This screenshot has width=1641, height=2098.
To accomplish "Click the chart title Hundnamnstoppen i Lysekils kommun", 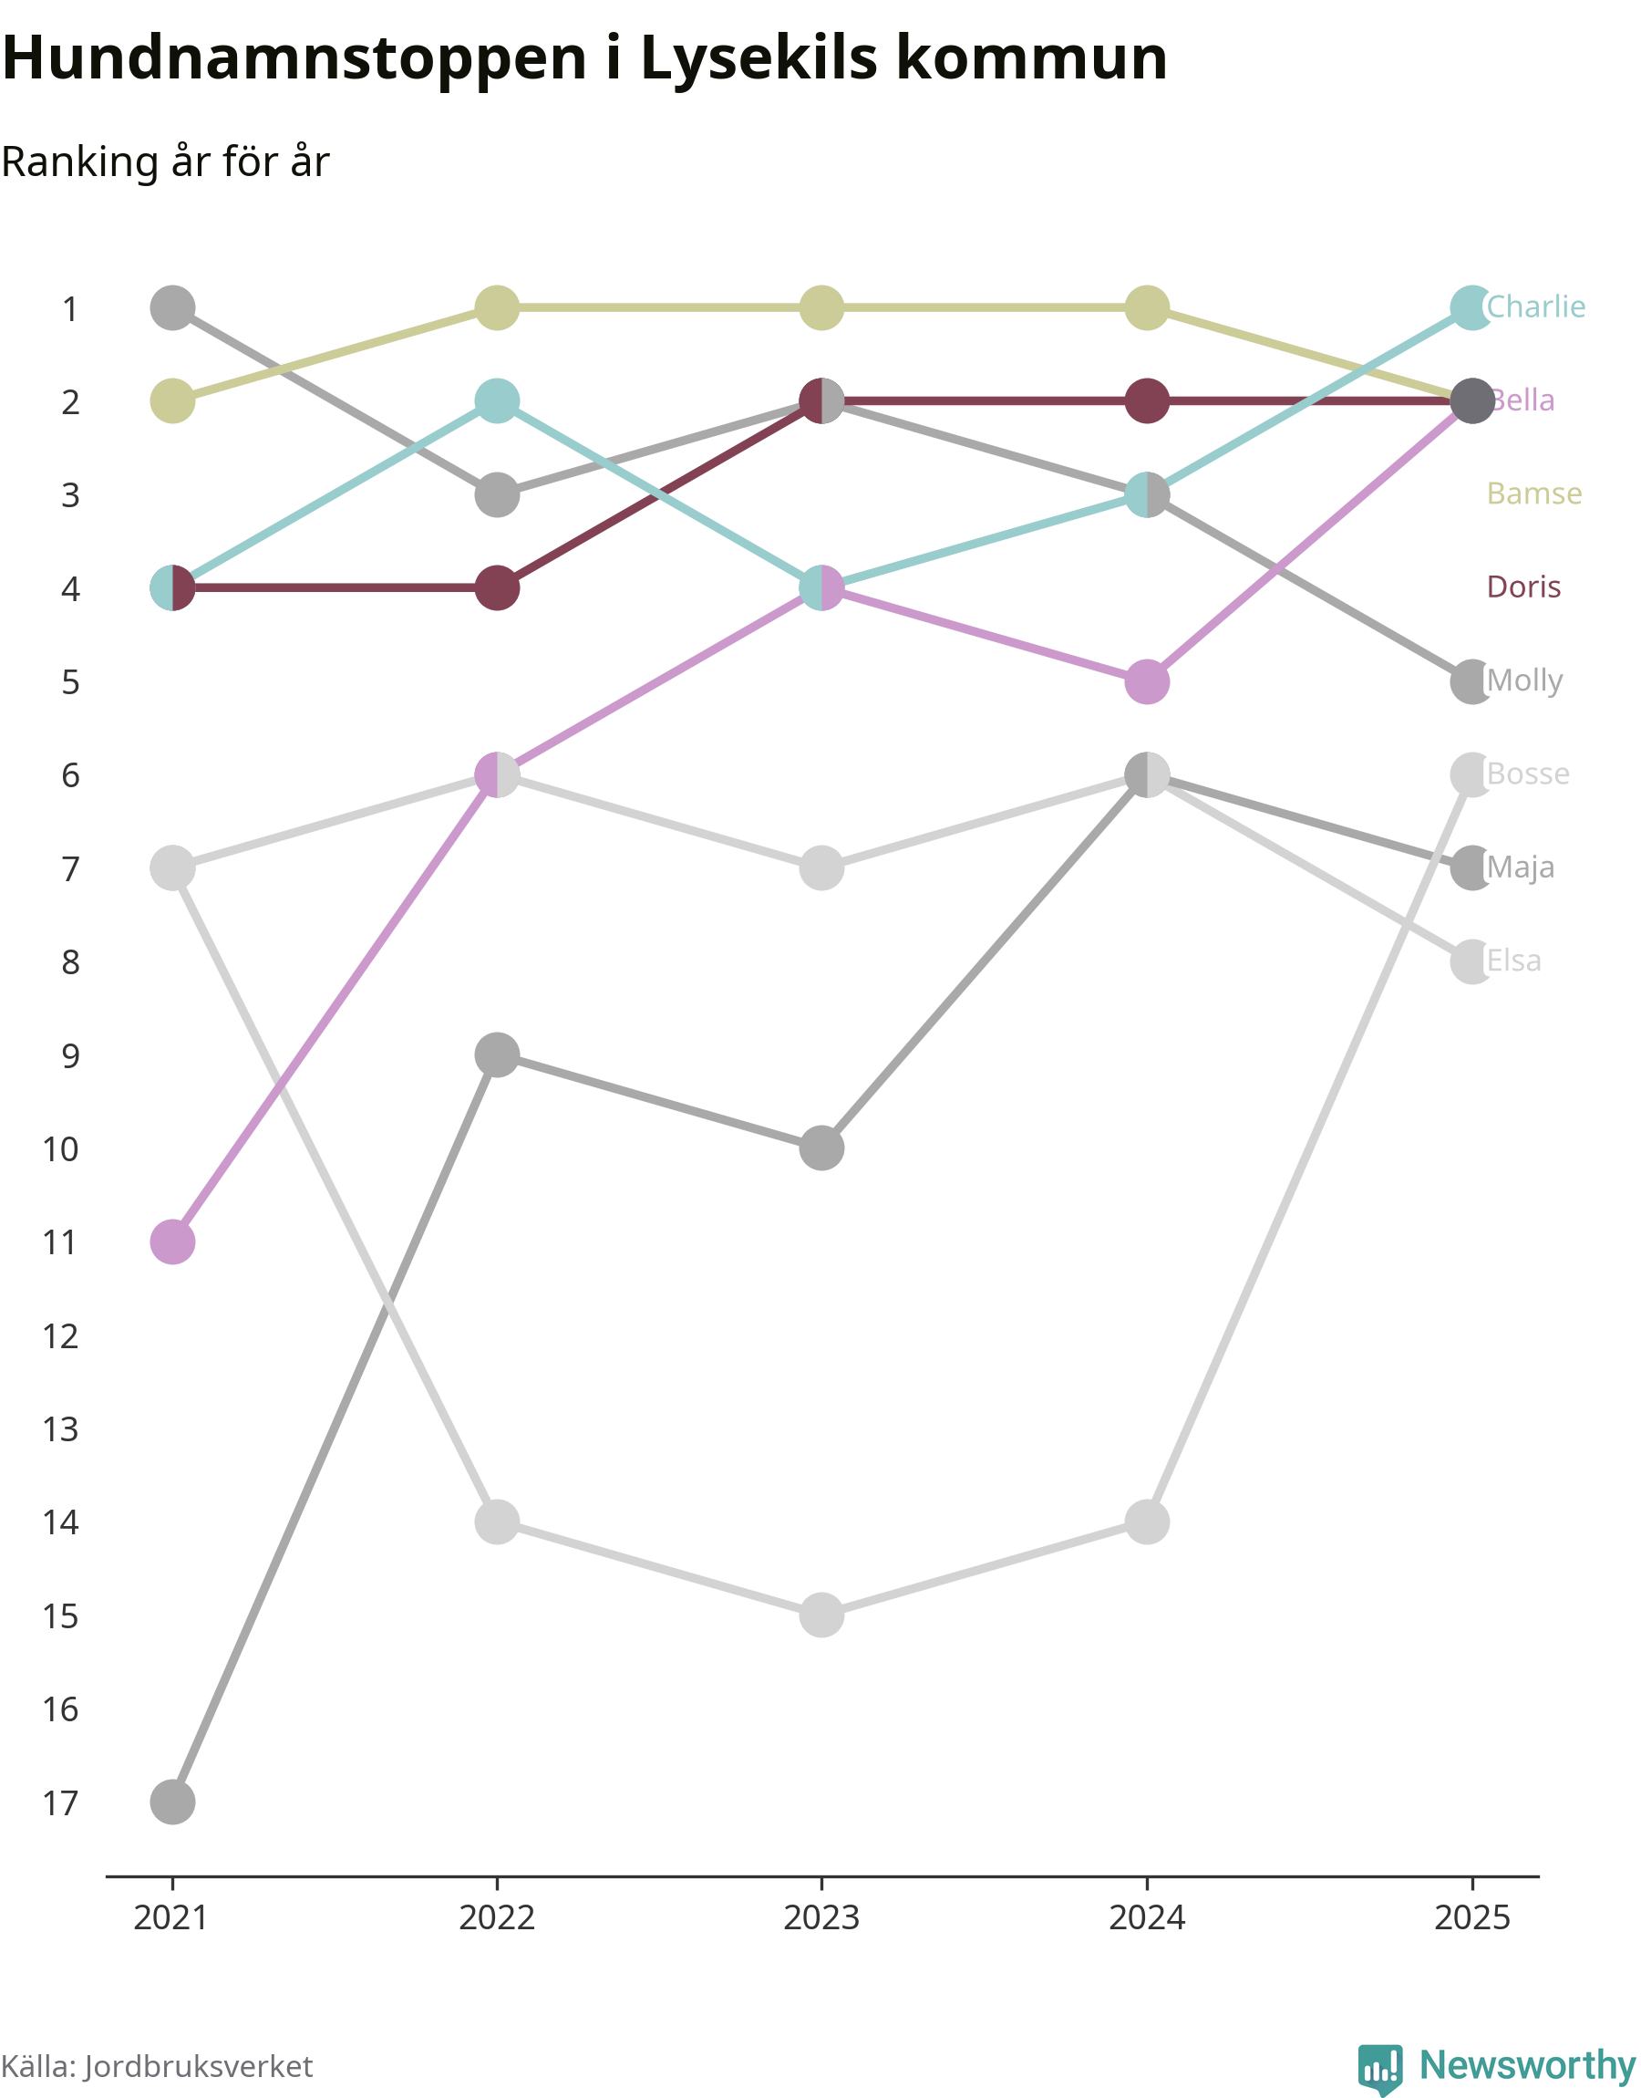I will click(584, 57).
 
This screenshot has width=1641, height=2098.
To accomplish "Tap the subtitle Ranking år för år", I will click(165, 161).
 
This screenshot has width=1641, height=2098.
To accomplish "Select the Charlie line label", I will click(1535, 306).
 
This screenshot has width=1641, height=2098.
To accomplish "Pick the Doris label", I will click(1522, 587).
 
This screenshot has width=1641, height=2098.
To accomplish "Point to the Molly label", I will click(1523, 680).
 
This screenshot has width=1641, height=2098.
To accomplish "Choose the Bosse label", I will click(1528, 773).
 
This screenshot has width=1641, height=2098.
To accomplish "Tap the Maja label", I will click(1520, 867).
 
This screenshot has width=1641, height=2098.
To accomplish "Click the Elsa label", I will click(1513, 961).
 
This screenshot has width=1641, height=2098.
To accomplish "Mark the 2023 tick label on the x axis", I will click(820, 1918).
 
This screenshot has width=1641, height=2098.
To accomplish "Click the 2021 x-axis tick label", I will click(171, 1918).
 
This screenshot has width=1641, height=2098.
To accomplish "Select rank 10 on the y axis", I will click(60, 1148).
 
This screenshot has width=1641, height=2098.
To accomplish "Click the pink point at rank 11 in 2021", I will click(173, 1241).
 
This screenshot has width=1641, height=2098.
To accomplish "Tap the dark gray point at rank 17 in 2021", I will click(173, 1801).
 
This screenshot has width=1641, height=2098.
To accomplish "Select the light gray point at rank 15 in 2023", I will click(821, 1615).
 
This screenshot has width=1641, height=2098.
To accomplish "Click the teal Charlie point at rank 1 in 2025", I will click(1471, 307).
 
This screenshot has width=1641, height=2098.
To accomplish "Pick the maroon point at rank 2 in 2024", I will click(1146, 400).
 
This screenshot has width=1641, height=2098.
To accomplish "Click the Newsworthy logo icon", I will click(1379, 2067).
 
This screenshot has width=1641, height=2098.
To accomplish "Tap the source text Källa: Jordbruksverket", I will click(157, 2066).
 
